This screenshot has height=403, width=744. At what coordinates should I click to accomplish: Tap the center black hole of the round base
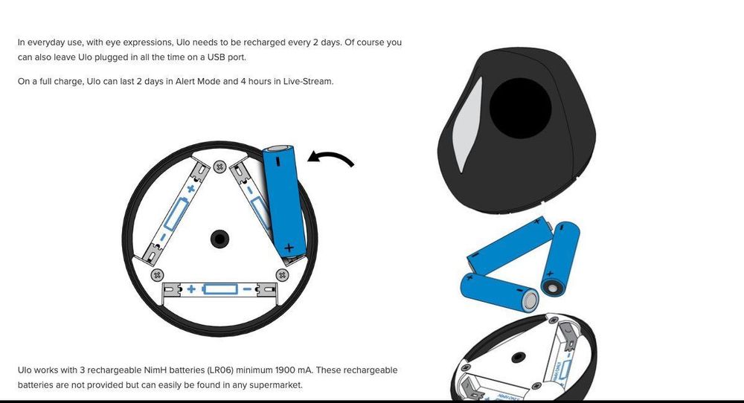(219, 239)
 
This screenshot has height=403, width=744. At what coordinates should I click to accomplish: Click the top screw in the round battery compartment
(219, 167)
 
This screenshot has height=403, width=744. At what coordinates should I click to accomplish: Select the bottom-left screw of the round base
(157, 275)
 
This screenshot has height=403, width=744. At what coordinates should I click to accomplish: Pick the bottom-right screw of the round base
(282, 275)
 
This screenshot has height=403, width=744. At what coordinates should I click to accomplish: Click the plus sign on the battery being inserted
(289, 248)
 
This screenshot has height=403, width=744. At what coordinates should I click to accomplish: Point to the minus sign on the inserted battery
(278, 161)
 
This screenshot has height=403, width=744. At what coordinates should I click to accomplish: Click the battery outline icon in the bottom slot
(220, 288)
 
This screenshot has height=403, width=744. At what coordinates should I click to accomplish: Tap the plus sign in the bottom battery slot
(191, 288)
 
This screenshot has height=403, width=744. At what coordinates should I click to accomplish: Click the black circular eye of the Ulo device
(520, 108)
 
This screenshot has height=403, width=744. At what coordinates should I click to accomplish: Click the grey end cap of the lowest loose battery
(530, 300)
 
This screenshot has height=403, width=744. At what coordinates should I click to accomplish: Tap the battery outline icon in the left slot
(175, 214)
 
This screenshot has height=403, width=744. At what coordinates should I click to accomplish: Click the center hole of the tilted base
(518, 357)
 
